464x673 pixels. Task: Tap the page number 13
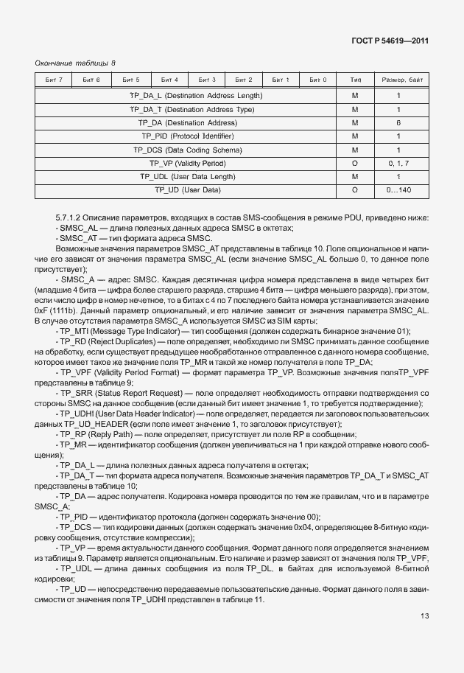[x=425, y=616]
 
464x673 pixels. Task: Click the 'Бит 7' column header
[x=54, y=80]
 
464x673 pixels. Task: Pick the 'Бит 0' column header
[x=318, y=80]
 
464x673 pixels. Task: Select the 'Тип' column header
[x=355, y=80]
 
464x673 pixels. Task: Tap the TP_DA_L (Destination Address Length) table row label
[x=196, y=96]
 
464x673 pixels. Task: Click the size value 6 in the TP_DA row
[x=398, y=123]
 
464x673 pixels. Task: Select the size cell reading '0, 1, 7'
[x=398, y=163]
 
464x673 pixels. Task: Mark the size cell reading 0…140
[x=398, y=190]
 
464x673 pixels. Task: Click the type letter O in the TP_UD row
[x=355, y=190]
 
